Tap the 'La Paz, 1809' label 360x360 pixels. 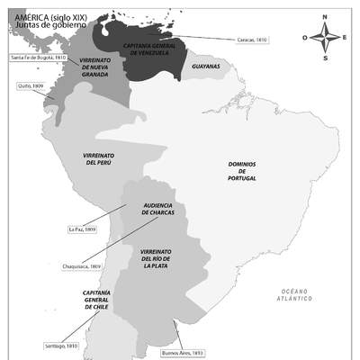82,229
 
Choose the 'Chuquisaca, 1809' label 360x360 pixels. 83,266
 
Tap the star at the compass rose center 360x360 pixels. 325,38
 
